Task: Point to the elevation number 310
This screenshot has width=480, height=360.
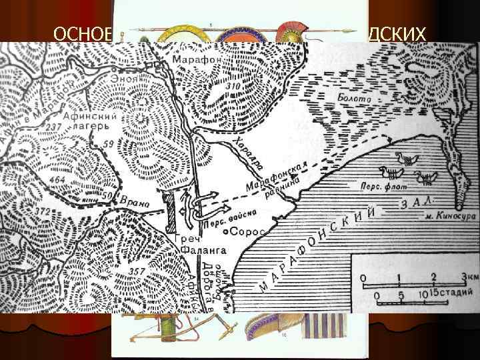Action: (231, 88)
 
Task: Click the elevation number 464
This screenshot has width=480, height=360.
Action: (57, 181)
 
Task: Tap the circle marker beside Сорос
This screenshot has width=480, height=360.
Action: (227, 232)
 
